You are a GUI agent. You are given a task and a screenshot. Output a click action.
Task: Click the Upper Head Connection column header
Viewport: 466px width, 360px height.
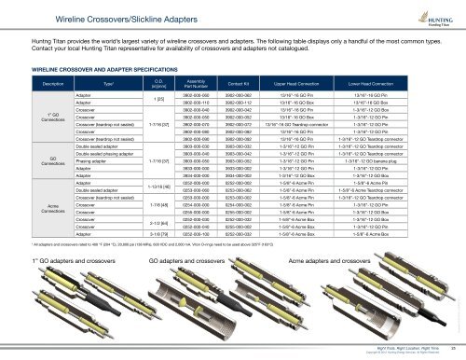click(336, 84)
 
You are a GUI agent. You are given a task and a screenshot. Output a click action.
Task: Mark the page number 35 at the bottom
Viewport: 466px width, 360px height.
click(450, 348)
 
